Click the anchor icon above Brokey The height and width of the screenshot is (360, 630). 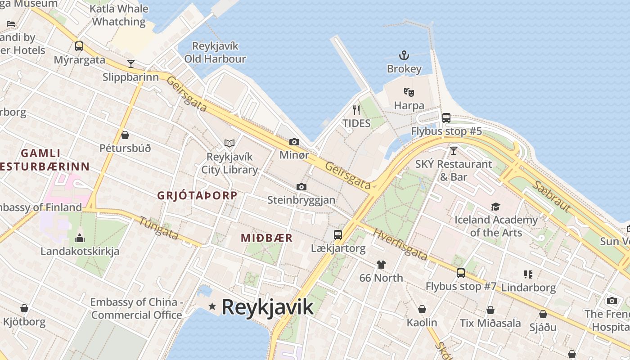404,56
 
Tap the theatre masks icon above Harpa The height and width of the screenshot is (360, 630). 409,92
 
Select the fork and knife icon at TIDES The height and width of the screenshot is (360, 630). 356,110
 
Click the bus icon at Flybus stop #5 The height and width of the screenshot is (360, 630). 446,118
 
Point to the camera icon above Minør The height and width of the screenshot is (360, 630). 294,142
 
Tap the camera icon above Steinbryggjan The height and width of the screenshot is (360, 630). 301,187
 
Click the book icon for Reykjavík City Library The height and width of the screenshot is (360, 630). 229,144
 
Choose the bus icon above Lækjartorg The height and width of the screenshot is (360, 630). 338,234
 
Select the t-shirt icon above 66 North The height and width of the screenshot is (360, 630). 381,264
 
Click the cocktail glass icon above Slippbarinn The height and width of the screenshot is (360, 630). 130,63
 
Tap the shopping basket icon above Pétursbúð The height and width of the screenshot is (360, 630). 125,135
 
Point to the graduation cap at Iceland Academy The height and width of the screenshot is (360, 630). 496,207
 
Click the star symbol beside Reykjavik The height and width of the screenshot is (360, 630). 212,306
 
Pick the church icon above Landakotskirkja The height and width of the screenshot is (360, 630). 80,238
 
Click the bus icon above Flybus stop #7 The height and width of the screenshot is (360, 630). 461,273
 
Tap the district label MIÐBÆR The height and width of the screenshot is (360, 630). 267,238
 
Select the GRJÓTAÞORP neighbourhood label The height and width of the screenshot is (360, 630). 197,196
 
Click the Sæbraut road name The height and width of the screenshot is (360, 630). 551,197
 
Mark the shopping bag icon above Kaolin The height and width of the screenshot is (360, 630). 422,309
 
